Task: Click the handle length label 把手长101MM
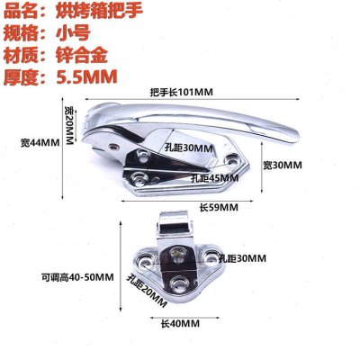coord(182,92)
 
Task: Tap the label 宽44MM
coord(40,142)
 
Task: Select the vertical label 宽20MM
coord(69,125)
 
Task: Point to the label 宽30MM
coord(283,165)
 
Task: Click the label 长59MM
coord(219,207)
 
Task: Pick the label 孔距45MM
coord(215,178)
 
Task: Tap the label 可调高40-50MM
coord(77,277)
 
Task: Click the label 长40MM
coord(180,323)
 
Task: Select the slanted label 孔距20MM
coord(147,292)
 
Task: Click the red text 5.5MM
coord(86,77)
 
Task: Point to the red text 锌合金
coord(82,55)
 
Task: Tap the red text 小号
coord(73,32)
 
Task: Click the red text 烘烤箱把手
coord(99,11)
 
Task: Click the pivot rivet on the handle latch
coord(114,147)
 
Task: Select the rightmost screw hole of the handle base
coord(232,159)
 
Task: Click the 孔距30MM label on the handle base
coord(189,148)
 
